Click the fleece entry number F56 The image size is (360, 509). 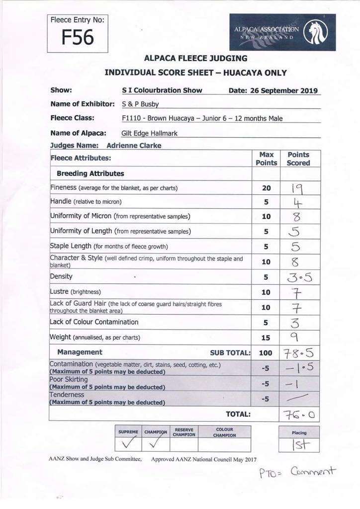(77, 38)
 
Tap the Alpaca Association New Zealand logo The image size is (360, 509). (282, 32)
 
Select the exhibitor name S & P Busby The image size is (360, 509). (141, 104)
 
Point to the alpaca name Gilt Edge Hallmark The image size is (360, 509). (149, 133)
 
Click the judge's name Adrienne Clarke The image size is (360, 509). (134, 146)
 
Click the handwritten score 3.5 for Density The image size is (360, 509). (298, 277)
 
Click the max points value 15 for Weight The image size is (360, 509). (266, 338)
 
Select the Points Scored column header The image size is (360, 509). (298, 159)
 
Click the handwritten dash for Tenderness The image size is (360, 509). (298, 398)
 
